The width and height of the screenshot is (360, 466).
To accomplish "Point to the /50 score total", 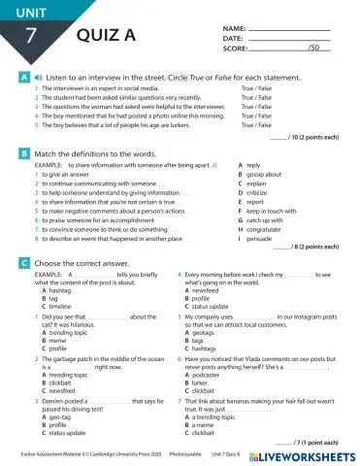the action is pos(313,47).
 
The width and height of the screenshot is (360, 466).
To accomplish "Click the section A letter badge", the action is pos(22,75).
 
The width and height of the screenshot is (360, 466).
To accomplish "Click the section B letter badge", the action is pos(22,154).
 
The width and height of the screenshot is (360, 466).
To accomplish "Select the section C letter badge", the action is pos(22,263).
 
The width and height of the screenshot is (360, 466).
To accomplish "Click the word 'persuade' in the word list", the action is pos(259,238).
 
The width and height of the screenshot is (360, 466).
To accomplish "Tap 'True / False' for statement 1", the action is pos(256,88).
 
